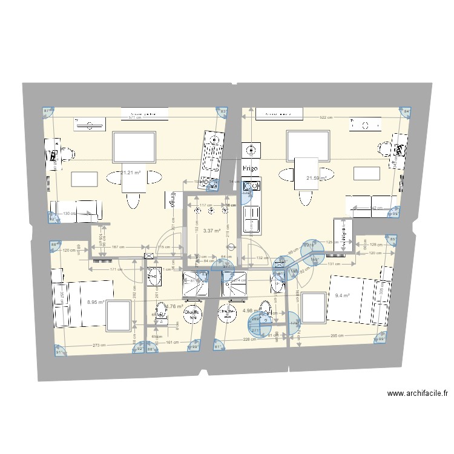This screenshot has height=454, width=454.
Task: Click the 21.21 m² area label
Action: pyautogui.click(x=131, y=173)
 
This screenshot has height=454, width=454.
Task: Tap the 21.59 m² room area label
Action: pyautogui.click(x=317, y=178)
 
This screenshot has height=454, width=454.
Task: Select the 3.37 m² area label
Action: pyautogui.click(x=211, y=231)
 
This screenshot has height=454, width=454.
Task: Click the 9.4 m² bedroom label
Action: pyautogui.click(x=343, y=296)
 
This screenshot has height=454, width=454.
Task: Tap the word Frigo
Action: pyautogui.click(x=250, y=168)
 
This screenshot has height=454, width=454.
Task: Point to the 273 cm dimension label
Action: pyautogui.click(x=99, y=345)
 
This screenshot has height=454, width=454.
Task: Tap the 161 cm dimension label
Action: pyautogui.click(x=171, y=343)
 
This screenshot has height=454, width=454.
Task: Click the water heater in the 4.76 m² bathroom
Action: pyautogui.click(x=194, y=315)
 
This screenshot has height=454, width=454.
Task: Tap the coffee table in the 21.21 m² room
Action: pyautogui.click(x=85, y=179)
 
